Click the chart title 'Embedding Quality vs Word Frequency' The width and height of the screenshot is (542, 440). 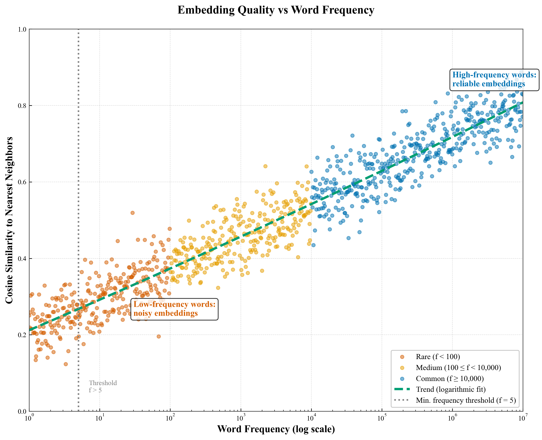click(276, 10)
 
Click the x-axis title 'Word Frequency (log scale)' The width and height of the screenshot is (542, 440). click(276, 429)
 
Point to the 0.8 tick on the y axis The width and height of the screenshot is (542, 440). click(22, 106)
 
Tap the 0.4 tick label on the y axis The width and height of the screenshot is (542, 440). click(22, 259)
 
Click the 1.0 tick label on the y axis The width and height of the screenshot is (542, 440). click(22, 29)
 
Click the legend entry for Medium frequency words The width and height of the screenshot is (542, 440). click(458, 368)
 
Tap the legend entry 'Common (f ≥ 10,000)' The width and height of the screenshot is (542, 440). click(450, 379)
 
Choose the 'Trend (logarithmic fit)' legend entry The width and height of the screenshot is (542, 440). click(451, 389)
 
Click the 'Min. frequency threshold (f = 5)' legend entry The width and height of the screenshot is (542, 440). click(466, 400)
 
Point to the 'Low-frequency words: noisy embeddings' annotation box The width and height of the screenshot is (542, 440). click(174, 309)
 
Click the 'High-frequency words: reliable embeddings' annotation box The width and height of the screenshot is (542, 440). click(494, 79)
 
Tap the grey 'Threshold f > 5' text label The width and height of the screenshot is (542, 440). click(103, 386)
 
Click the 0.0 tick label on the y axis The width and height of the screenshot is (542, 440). click(22, 411)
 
